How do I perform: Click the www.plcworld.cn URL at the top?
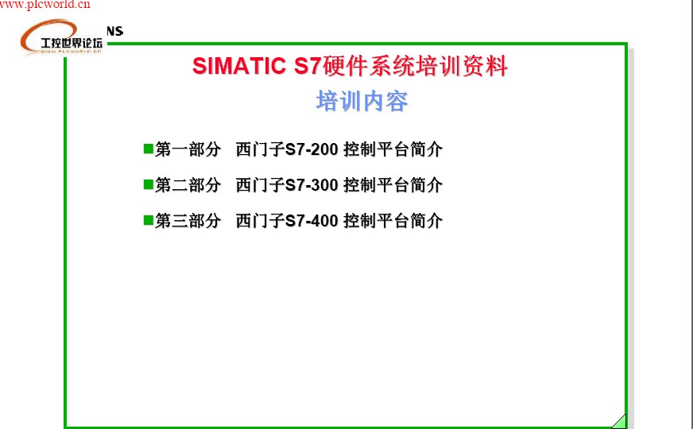click(45, 5)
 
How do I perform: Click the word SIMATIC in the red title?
click(239, 66)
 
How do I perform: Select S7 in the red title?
click(308, 66)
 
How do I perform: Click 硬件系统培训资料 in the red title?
click(415, 66)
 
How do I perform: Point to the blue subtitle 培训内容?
click(362, 101)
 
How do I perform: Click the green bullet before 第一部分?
click(149, 148)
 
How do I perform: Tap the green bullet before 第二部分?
click(149, 184)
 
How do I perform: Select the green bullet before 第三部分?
click(149, 219)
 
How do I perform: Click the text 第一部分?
click(188, 149)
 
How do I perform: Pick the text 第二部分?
click(188, 185)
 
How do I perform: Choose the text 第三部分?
click(188, 221)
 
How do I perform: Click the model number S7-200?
click(312, 149)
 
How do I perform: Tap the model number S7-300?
click(312, 185)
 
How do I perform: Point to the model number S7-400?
click(312, 221)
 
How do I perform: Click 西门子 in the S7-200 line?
click(260, 149)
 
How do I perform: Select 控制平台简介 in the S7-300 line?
click(393, 185)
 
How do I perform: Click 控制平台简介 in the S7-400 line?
click(393, 221)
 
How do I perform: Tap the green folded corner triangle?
click(621, 423)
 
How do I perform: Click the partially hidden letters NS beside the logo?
click(114, 31)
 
